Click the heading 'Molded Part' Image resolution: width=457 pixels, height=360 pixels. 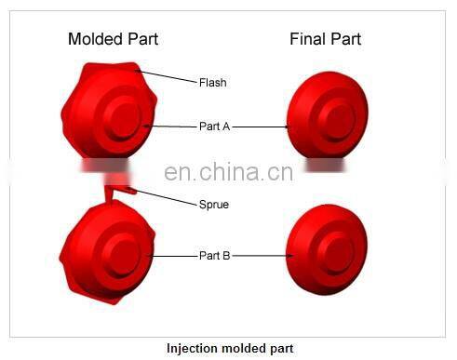[x=113, y=39]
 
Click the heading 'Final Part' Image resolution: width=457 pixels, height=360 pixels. [x=325, y=39]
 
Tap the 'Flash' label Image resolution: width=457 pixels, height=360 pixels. [x=212, y=82]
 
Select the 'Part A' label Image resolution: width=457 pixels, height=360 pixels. [x=214, y=127]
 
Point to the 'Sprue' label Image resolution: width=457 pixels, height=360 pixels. [x=213, y=204]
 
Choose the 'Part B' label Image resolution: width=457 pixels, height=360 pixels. [x=214, y=255]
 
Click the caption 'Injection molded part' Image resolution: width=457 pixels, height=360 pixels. [x=230, y=349]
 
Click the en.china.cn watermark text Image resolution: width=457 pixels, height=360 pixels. [x=228, y=172]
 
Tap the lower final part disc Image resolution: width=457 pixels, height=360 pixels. [x=322, y=246]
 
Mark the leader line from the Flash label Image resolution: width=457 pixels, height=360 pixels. [x=168, y=75]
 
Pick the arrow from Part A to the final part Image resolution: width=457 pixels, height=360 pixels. [x=261, y=127]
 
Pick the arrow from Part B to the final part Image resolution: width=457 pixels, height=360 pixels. [x=261, y=255]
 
